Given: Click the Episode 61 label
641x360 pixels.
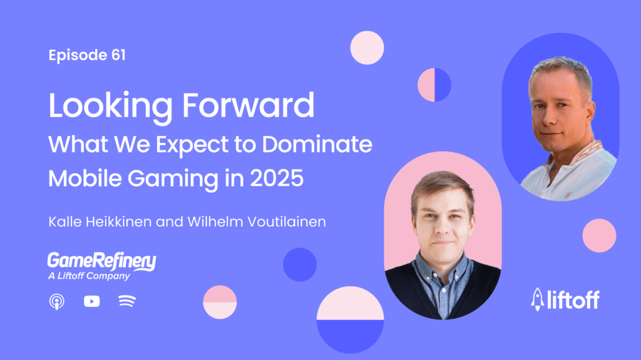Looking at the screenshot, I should (x=87, y=55).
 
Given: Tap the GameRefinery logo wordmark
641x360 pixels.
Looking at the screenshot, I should (x=101, y=261).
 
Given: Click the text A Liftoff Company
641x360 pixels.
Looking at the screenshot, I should (x=89, y=276).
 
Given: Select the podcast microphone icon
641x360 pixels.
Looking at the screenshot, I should (x=56, y=302).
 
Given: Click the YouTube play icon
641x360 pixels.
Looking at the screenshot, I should (x=91, y=302).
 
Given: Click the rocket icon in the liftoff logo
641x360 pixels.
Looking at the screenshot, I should (x=536, y=299).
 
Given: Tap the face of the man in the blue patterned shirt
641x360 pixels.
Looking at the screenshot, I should (x=442, y=219).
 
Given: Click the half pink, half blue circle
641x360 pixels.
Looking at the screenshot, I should (x=434, y=85).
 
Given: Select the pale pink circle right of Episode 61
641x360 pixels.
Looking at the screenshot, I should (x=367, y=48).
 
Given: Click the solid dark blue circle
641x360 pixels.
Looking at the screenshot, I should (x=300, y=264).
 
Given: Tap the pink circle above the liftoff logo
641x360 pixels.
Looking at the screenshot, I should (x=599, y=235).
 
